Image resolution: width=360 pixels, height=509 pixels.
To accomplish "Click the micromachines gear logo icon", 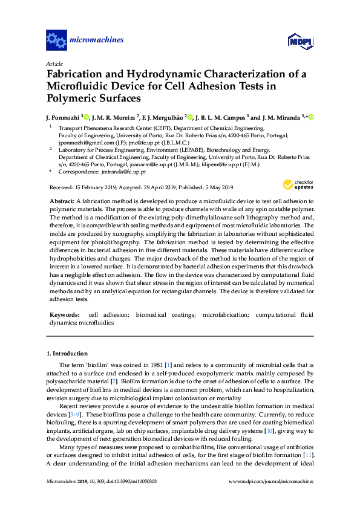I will click(x=56, y=41).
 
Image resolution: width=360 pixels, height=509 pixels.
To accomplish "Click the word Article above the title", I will click(x=54, y=63).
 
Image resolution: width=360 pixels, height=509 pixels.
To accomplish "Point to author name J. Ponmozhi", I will click(x=63, y=117).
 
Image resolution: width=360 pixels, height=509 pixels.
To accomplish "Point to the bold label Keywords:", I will click(x=64, y=315).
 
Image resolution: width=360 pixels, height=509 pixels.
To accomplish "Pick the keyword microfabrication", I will click(x=226, y=315).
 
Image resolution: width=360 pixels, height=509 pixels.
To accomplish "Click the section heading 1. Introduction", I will click(x=67, y=353).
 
